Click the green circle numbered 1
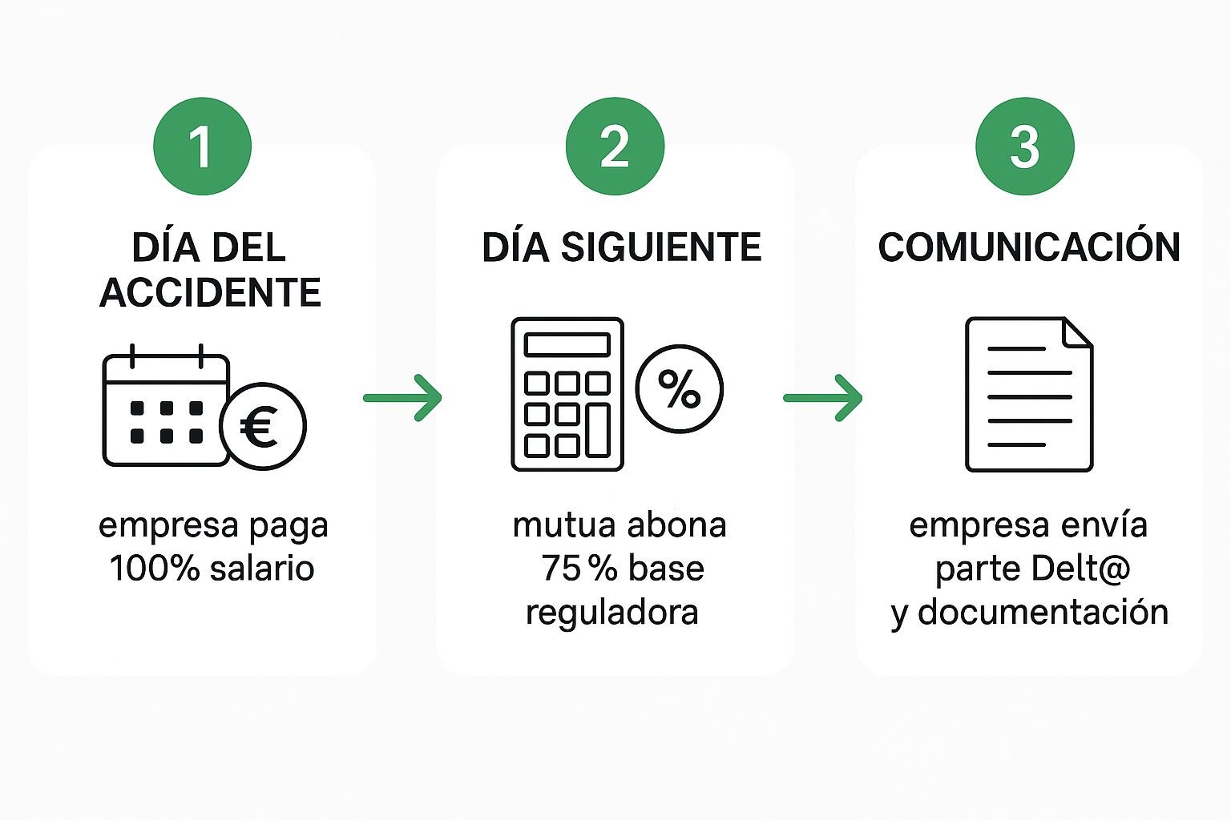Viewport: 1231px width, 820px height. (x=202, y=147)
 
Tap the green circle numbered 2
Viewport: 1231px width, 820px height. (x=615, y=147)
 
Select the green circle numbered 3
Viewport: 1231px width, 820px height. (x=1024, y=147)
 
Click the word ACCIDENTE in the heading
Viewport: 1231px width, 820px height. (x=210, y=293)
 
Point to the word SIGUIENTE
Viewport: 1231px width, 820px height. (x=660, y=247)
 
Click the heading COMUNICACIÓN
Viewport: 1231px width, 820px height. (x=1029, y=247)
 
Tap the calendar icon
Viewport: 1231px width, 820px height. (x=164, y=408)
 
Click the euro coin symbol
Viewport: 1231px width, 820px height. (x=262, y=426)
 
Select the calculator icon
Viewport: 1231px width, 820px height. (x=567, y=394)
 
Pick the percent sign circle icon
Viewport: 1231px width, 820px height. (x=679, y=389)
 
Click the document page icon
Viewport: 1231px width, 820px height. (x=1029, y=394)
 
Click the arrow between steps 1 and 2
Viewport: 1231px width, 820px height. (x=402, y=397)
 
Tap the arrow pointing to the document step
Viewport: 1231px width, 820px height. (x=822, y=397)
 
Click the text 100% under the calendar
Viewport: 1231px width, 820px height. (x=154, y=569)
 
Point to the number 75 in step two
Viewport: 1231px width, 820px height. (x=559, y=569)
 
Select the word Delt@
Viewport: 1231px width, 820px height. (x=1080, y=569)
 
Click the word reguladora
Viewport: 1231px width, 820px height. (x=611, y=613)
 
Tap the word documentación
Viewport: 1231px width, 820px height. (x=1043, y=613)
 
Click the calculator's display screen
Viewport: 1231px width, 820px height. (x=567, y=344)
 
